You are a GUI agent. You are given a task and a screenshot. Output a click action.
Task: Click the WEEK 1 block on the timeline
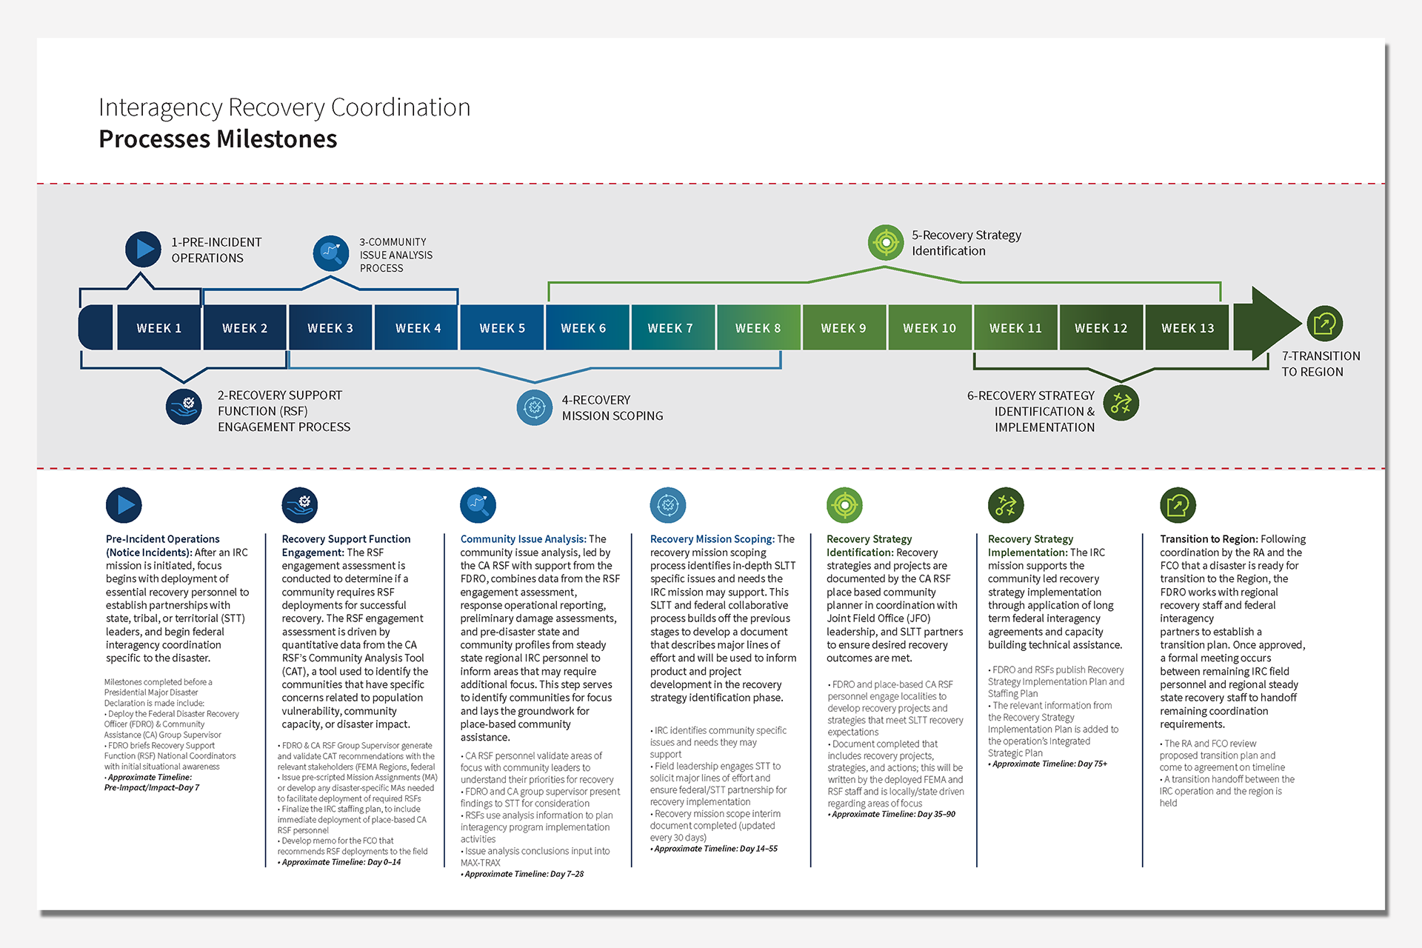pyautogui.click(x=158, y=327)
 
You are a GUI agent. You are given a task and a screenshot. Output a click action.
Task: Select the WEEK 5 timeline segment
pyautogui.click(x=502, y=327)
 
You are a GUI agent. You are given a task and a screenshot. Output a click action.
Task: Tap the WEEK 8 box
pyautogui.click(x=758, y=327)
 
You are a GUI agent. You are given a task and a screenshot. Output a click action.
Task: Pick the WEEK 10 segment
pyautogui.click(x=929, y=327)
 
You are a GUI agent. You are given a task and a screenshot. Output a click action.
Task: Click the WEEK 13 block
pyautogui.click(x=1187, y=327)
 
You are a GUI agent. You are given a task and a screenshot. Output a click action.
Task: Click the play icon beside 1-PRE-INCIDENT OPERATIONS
pyautogui.click(x=144, y=250)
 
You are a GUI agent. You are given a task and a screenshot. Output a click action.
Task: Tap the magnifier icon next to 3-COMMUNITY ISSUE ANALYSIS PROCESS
pyautogui.click(x=331, y=253)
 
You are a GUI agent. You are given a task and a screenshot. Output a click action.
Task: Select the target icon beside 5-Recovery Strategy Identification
pyautogui.click(x=886, y=242)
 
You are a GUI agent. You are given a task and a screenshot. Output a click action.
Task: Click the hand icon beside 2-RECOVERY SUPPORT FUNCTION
pyautogui.click(x=184, y=407)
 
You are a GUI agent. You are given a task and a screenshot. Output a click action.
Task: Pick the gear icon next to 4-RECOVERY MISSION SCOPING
pyautogui.click(x=534, y=407)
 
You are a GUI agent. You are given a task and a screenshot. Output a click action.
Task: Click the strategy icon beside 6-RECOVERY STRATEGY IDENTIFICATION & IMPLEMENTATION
pyautogui.click(x=1121, y=403)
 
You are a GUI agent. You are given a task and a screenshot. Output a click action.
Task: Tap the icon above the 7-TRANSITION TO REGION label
pyautogui.click(x=1324, y=324)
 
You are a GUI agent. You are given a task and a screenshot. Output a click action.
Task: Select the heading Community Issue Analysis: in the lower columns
pyautogui.click(x=523, y=539)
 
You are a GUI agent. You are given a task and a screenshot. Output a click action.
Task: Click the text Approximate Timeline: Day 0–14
pyautogui.click(x=341, y=862)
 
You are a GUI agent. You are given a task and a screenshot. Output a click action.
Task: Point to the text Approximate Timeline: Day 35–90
pyautogui.click(x=893, y=814)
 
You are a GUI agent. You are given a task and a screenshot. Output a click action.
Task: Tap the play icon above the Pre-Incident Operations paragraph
pyautogui.click(x=124, y=505)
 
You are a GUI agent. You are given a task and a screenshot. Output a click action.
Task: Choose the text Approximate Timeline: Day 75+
pyautogui.click(x=1049, y=764)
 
